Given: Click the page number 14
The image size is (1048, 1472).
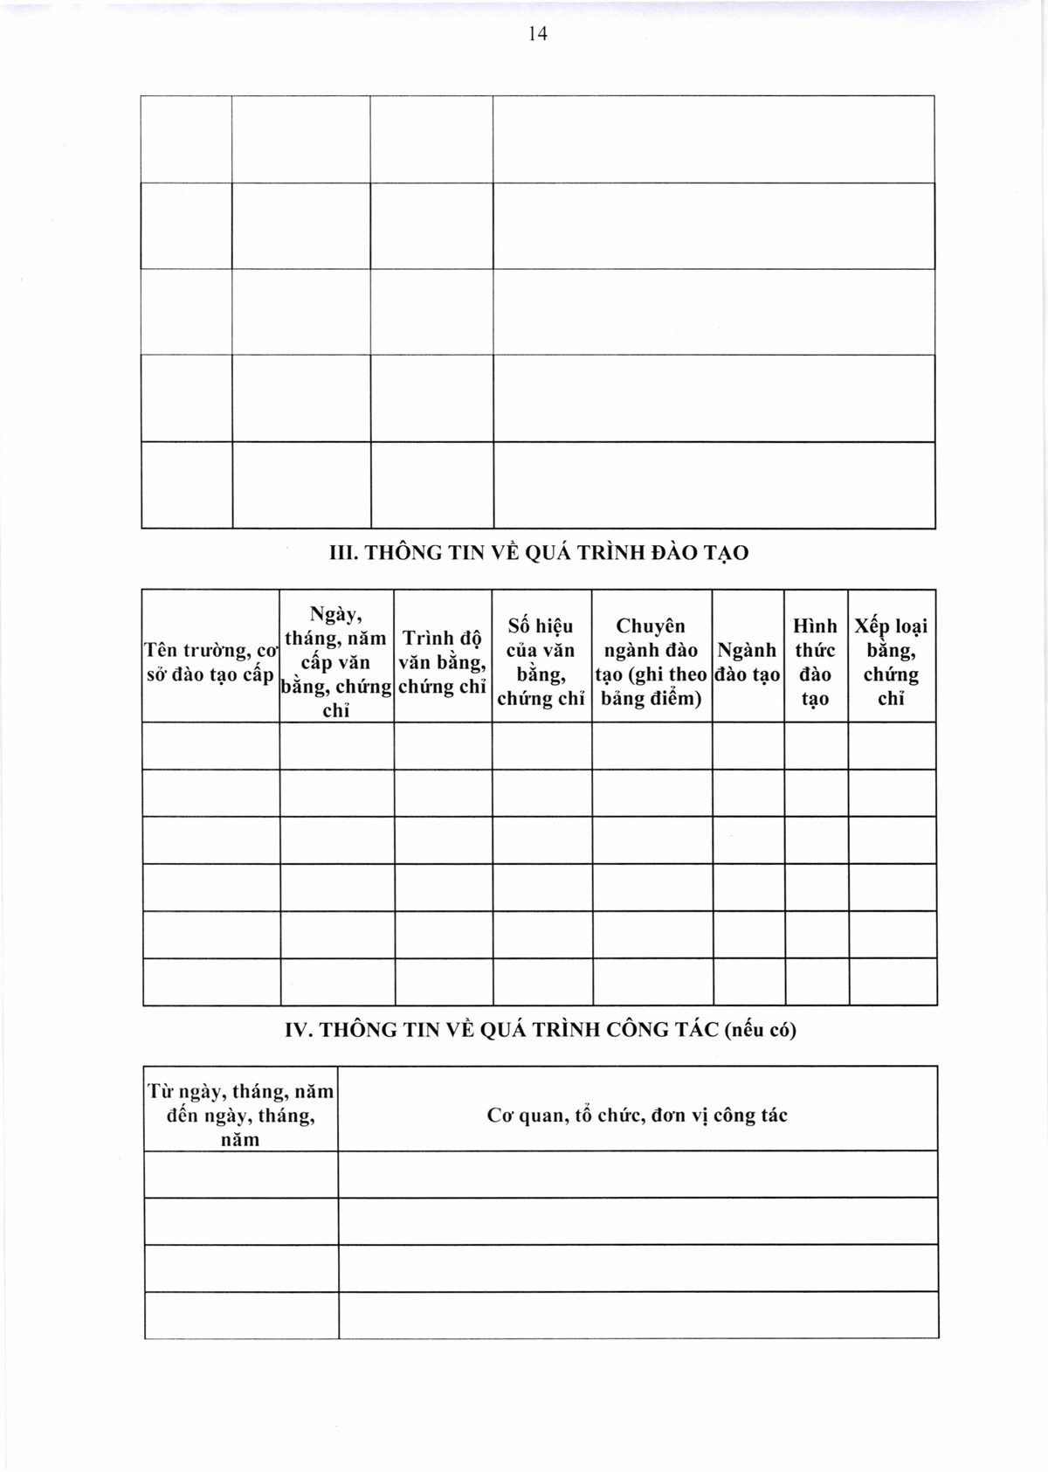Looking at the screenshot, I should click(x=537, y=34).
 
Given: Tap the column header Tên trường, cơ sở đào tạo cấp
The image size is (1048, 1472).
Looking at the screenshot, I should click(x=210, y=662).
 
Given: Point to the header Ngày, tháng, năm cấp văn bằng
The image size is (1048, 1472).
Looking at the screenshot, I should click(x=336, y=662).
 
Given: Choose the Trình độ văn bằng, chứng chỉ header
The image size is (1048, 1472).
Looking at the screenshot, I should click(x=442, y=662).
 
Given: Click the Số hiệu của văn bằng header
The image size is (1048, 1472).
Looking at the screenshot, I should click(x=541, y=662).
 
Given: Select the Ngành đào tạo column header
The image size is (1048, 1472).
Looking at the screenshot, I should click(x=748, y=662).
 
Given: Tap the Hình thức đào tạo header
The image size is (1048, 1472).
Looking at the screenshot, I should click(x=815, y=662).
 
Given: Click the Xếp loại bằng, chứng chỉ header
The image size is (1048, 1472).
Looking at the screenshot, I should click(x=891, y=662).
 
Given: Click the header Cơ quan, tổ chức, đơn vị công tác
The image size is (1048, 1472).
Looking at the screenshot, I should click(x=638, y=1116).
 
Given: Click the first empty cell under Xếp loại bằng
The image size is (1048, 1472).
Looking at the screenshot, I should click(x=892, y=746).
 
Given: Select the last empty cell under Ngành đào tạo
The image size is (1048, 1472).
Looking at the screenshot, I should click(x=748, y=982).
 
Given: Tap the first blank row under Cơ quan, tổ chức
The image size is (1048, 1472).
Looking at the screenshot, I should click(x=638, y=1174).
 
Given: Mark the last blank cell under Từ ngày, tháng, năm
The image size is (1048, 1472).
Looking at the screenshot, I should click(x=241, y=1316).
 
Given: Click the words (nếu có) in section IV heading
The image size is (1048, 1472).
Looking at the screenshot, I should click(x=761, y=1030).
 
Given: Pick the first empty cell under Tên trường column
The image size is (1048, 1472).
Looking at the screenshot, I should click(x=210, y=746).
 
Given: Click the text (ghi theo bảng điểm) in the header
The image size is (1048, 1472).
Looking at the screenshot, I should click(x=652, y=687).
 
